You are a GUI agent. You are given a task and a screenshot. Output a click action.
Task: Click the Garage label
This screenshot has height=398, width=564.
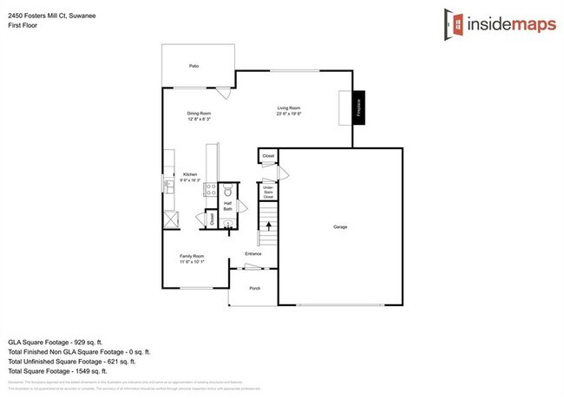click(x=340, y=227)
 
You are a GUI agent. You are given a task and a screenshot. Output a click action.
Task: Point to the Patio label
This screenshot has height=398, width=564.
click(x=195, y=66)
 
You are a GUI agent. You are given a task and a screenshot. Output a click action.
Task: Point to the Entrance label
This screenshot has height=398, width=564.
click(x=253, y=254)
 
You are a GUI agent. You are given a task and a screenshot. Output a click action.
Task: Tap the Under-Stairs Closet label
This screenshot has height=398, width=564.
click(x=268, y=192)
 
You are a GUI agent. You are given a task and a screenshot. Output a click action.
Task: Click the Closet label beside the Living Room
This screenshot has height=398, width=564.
click(x=268, y=156)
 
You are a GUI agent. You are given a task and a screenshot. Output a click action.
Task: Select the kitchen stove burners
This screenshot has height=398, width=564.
click(x=209, y=190)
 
